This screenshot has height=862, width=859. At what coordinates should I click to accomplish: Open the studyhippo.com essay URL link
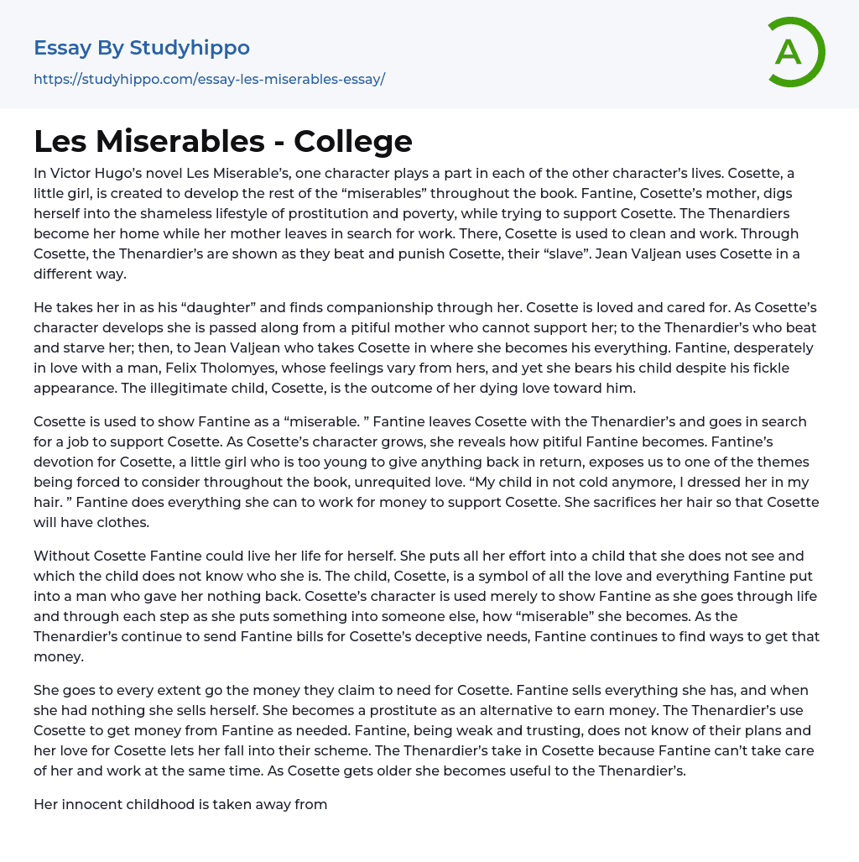coord(209,80)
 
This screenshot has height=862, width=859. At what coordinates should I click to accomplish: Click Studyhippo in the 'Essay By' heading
coord(190,48)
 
